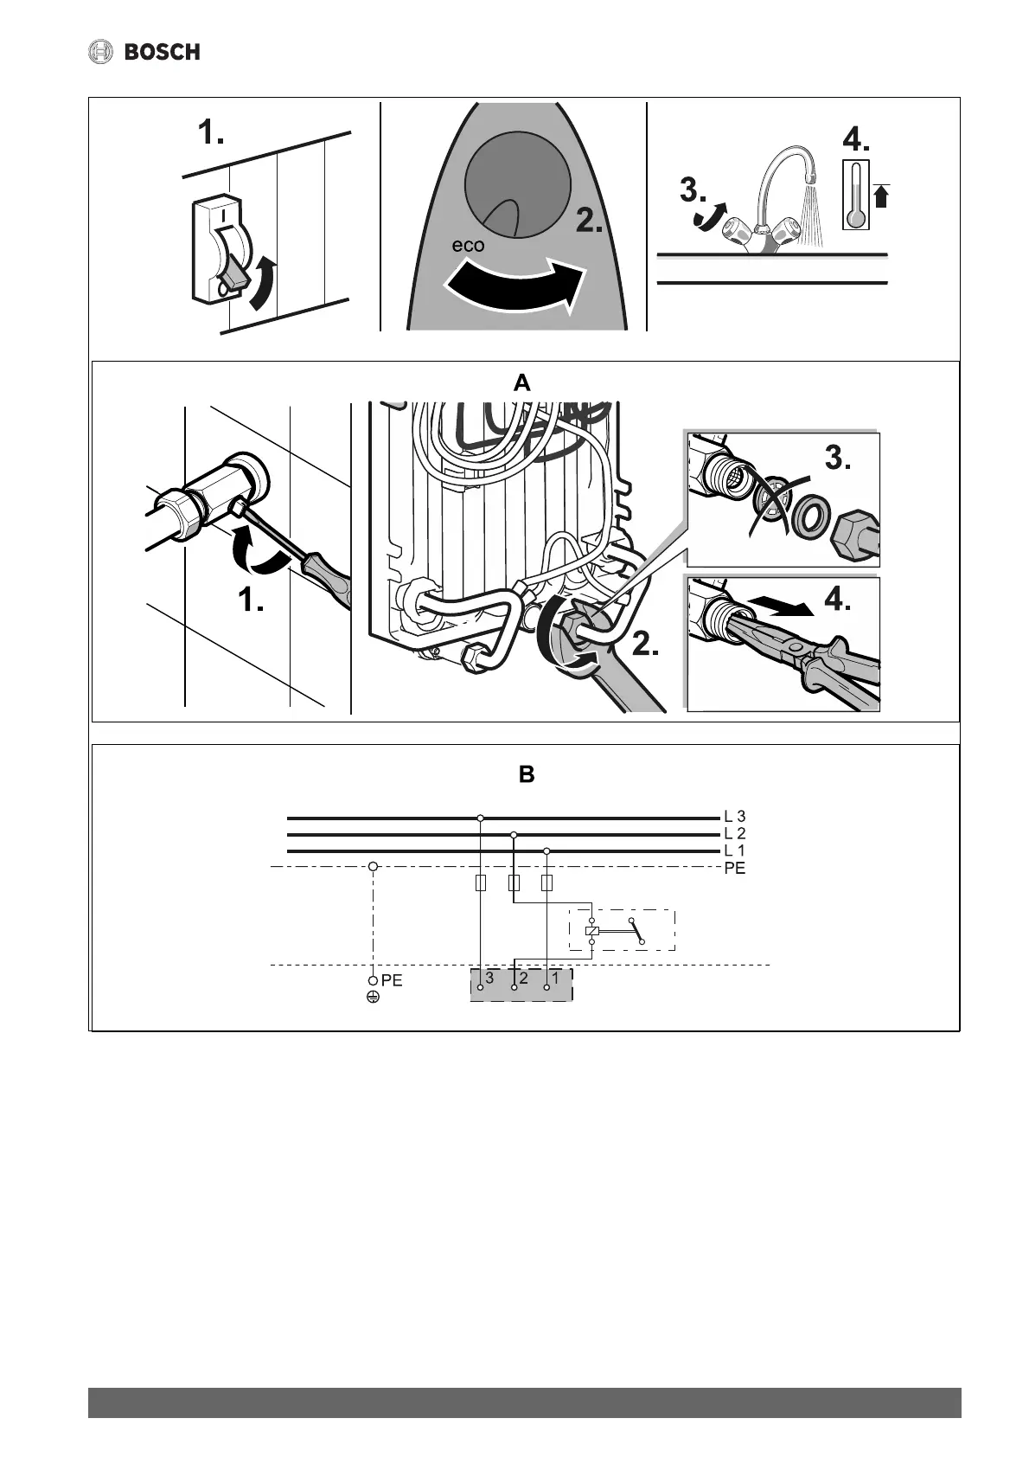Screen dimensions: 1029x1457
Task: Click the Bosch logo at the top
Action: click(144, 52)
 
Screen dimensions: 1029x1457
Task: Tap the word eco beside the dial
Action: click(469, 245)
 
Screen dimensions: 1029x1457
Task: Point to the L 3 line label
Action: click(734, 816)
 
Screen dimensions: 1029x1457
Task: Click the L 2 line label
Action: click(734, 833)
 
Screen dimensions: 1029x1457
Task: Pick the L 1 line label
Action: click(734, 850)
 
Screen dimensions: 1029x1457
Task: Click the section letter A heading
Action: click(521, 382)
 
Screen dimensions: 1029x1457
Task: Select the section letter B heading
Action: click(526, 774)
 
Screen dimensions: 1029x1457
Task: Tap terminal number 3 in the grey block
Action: click(489, 977)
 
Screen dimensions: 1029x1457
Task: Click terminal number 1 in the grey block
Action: click(556, 977)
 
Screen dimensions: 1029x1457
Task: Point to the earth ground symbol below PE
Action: click(373, 998)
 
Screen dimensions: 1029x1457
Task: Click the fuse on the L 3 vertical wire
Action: click(481, 883)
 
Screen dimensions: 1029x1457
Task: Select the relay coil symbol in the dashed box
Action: click(591, 932)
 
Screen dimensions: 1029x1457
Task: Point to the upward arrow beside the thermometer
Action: click(881, 196)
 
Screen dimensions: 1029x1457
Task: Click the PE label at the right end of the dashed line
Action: click(734, 868)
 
